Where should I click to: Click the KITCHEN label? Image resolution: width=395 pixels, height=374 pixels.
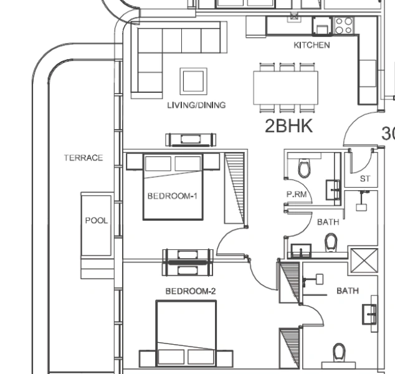coord(312,46)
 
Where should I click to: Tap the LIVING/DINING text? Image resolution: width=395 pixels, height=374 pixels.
coord(196,105)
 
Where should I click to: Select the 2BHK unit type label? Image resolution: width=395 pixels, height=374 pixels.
coord(288,127)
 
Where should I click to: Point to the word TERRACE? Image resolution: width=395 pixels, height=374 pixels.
coord(83,158)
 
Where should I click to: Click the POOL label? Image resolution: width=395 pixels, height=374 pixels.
coord(96,221)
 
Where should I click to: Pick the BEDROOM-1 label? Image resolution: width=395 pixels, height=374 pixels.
coord(173,196)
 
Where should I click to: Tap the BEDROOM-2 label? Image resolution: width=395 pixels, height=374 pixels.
coord(190,291)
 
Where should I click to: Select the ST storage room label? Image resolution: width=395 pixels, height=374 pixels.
coord(365,179)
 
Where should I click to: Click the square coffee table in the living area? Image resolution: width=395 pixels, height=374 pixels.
coord(193,80)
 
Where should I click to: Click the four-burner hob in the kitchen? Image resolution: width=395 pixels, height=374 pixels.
coord(344,25)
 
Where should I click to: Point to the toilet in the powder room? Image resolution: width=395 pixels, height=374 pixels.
coord(305,169)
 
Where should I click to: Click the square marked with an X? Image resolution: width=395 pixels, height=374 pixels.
coord(364,259)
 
